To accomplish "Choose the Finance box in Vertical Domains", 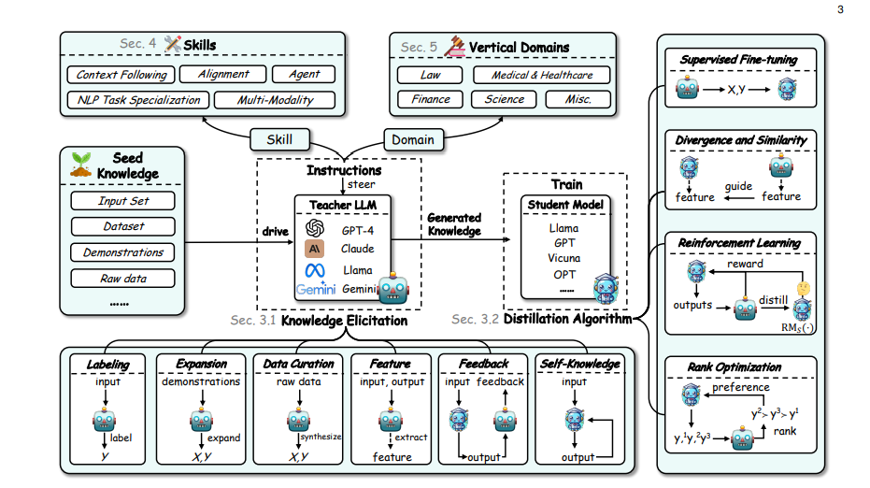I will tap(430, 99).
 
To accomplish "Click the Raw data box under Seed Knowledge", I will tap(123, 279).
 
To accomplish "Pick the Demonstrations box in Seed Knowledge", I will tap(123, 252).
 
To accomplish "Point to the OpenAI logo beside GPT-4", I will tap(314, 228).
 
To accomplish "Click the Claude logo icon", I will tap(314, 249).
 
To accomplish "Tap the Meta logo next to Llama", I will tap(314, 270).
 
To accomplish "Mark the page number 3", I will tap(840, 10).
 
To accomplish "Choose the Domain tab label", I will tap(413, 140).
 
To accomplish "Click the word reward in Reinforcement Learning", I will tap(744, 265).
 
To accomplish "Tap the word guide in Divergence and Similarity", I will tap(739, 186).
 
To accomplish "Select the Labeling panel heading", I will tap(107, 364).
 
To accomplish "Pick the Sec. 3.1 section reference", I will tap(253, 321).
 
